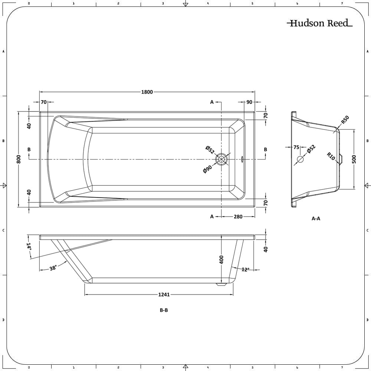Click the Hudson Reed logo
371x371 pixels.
point(319,23)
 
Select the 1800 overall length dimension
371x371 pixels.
point(147,92)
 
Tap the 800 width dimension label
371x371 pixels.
point(18,159)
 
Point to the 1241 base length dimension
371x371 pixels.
point(164,295)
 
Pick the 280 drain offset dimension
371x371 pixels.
point(238,217)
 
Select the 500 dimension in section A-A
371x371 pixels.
point(354,159)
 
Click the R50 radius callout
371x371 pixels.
point(345,120)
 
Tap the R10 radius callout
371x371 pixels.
point(331,156)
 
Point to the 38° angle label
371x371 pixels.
point(53,268)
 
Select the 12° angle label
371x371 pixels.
point(245,270)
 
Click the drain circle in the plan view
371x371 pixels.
point(221,159)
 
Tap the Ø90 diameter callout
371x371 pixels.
point(207,169)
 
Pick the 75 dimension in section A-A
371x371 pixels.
point(296,147)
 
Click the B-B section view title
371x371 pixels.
point(164,310)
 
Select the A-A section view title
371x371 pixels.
point(316,219)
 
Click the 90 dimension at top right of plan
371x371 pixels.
point(249,102)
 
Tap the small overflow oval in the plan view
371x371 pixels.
point(242,159)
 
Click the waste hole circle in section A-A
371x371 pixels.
point(300,160)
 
